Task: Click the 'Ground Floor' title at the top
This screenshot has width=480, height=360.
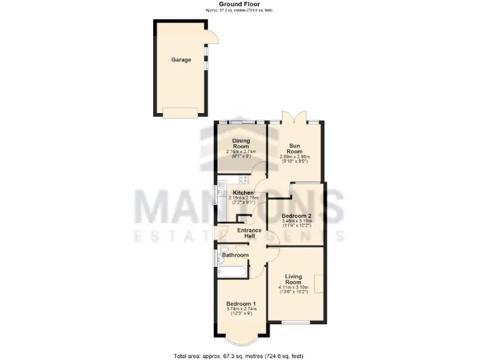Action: click(239, 4)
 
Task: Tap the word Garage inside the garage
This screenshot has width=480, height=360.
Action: click(181, 60)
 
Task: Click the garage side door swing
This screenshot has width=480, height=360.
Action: click(213, 37)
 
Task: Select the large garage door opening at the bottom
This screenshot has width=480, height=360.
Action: click(181, 112)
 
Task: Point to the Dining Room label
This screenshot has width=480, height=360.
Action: click(241, 143)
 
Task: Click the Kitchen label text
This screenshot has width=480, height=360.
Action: click(243, 192)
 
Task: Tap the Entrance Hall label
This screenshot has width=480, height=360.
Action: click(249, 233)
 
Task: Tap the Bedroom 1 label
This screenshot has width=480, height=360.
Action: click(240, 304)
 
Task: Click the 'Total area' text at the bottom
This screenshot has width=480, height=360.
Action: click(239, 356)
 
